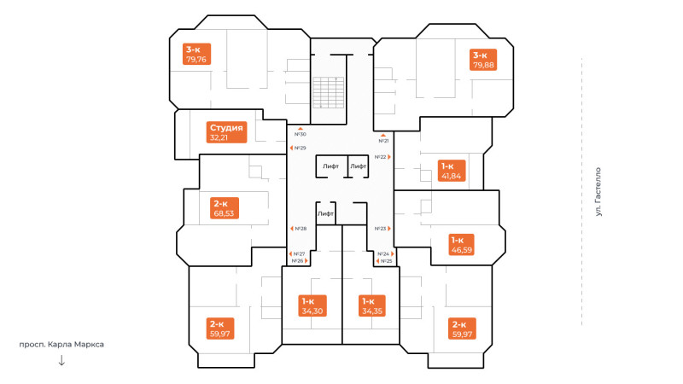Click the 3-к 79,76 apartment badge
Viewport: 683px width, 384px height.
pyautogui.click(x=196, y=54)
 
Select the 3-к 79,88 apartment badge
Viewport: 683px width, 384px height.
pyautogui.click(x=483, y=60)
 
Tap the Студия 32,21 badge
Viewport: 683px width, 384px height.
pyautogui.click(x=226, y=132)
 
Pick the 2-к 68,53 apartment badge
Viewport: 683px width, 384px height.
pyautogui.click(x=224, y=208)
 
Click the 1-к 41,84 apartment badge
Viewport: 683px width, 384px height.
pyautogui.click(x=452, y=170)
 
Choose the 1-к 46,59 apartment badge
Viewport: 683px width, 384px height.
pyautogui.click(x=461, y=245)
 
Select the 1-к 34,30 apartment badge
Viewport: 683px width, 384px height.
pyautogui.click(x=312, y=305)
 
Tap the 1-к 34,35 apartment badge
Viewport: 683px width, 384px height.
pyautogui.click(x=372, y=305)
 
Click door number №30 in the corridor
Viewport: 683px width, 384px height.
pyautogui.click(x=301, y=134)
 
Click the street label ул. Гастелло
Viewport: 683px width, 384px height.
pyautogui.click(x=598, y=192)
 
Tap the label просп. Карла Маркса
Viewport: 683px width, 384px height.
pyautogui.click(x=61, y=345)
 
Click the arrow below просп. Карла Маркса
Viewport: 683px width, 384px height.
pyautogui.click(x=61, y=360)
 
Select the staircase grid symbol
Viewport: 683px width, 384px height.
pyautogui.click(x=329, y=92)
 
